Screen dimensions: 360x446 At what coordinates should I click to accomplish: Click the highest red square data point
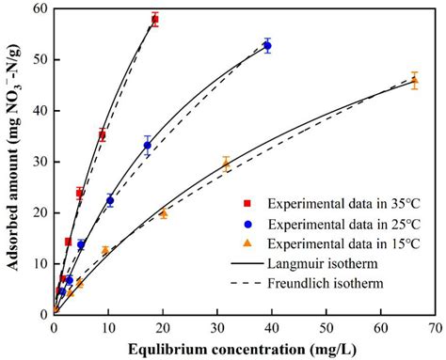pos(155,19)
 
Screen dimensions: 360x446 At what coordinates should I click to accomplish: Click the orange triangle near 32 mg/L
pos(226,163)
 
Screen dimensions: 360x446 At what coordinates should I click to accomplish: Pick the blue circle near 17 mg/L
pos(147,145)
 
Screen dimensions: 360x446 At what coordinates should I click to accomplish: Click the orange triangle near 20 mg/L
pos(164,213)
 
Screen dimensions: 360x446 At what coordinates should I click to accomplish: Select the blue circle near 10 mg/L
pos(109,200)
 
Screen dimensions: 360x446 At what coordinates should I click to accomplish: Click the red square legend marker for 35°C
pos(247,202)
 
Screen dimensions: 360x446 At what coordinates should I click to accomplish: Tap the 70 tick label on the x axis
pos(435,328)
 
